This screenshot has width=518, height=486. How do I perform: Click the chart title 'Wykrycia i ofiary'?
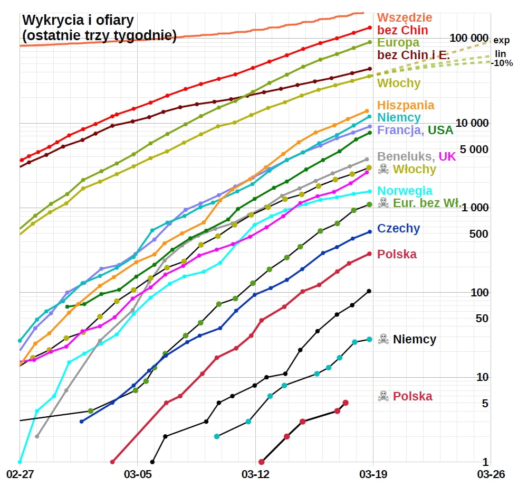pos(78,21)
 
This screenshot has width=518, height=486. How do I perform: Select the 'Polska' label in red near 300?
pos(397,254)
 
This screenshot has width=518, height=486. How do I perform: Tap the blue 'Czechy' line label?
pos(398,229)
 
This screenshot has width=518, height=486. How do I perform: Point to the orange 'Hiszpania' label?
pos(406,105)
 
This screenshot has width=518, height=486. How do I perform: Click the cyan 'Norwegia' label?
pos(405,191)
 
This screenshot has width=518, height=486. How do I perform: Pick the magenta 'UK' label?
pos(447,156)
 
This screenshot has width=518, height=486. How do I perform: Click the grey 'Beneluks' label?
pos(403,156)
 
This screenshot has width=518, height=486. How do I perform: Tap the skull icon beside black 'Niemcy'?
pos(383,339)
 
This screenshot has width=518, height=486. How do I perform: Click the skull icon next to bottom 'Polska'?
pos(383,396)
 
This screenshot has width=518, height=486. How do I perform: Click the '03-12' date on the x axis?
pos(255,473)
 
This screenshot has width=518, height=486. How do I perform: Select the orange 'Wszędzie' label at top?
pos(405,18)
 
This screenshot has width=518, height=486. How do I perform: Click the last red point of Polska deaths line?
pos(346,403)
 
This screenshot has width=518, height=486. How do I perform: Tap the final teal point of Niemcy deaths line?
pos(369,339)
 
